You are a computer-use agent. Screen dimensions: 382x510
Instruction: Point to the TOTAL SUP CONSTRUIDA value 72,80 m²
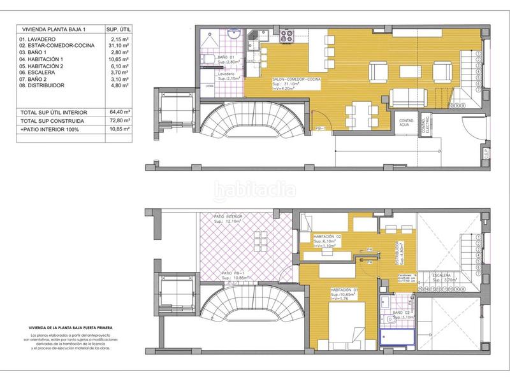[x=118, y=120]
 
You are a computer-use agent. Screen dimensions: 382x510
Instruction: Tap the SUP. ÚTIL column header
[x=118, y=29]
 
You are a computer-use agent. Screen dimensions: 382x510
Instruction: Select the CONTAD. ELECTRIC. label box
[x=425, y=126]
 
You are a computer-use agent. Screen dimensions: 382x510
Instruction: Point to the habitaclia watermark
[x=255, y=190]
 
